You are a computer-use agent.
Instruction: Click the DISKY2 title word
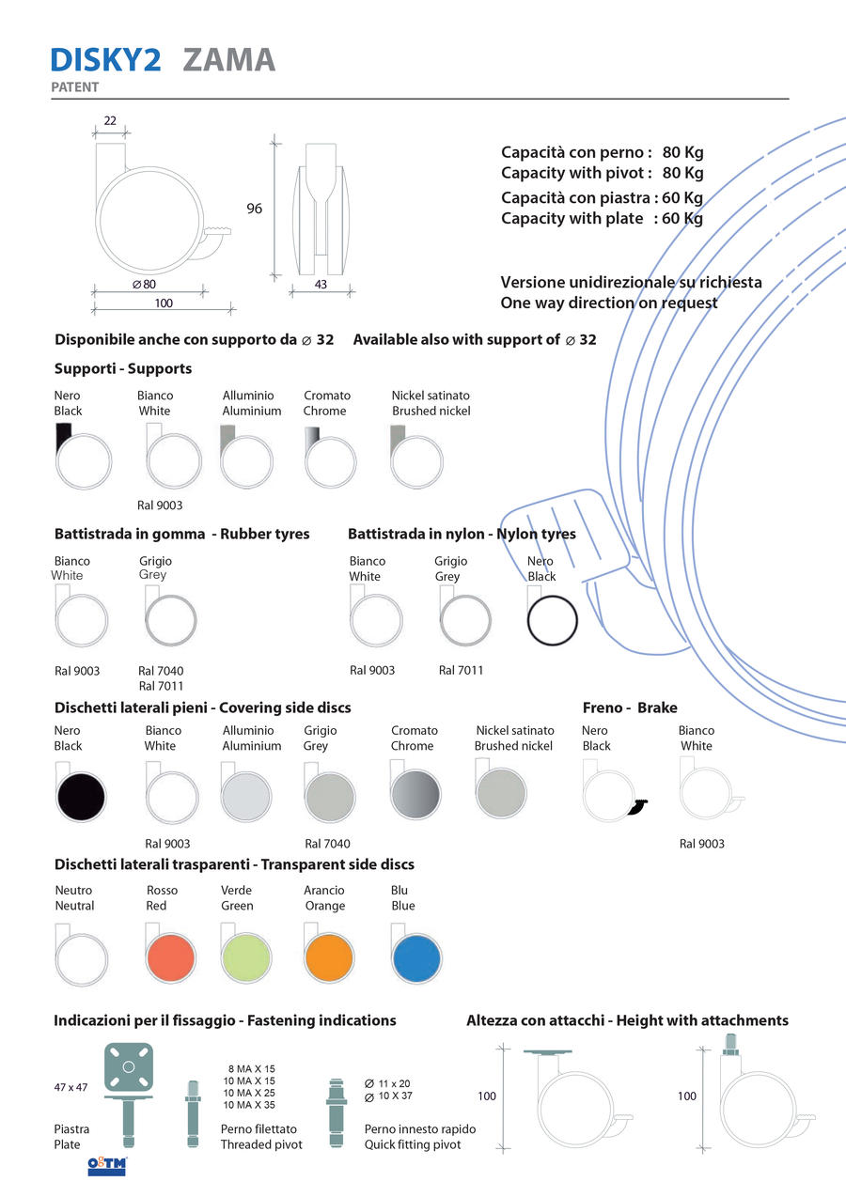click(106, 59)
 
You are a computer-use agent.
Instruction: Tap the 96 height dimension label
click(255, 209)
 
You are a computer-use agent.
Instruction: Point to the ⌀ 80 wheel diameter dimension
click(144, 284)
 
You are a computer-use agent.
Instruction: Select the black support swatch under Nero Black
click(63, 436)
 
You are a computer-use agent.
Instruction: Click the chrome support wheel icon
click(330, 461)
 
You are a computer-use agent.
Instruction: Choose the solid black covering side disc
click(81, 794)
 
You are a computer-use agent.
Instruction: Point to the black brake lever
click(642, 807)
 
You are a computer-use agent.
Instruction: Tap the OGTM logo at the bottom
click(106, 1165)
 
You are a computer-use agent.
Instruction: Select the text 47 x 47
click(70, 1087)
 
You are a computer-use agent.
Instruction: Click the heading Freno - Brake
click(629, 707)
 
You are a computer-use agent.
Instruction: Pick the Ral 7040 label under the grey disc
click(327, 844)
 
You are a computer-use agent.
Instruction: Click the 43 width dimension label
click(321, 284)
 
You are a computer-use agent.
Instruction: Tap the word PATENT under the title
click(75, 87)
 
